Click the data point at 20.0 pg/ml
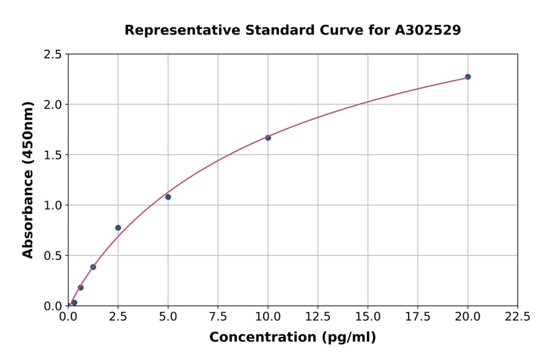tap(467, 77)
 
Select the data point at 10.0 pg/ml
tap(268, 138)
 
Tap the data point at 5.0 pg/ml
tap(168, 197)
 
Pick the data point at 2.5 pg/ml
tap(118, 228)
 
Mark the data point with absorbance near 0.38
tap(93, 267)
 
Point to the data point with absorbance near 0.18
tap(81, 287)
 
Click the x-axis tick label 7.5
tap(218, 316)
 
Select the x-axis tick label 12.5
tap(318, 316)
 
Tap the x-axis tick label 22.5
tap(517, 316)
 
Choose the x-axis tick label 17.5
tap(418, 316)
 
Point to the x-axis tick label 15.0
tap(368, 316)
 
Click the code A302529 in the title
tap(428, 30)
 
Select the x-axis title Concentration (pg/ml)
tap(292, 338)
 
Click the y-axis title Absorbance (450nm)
tap(28, 179)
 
